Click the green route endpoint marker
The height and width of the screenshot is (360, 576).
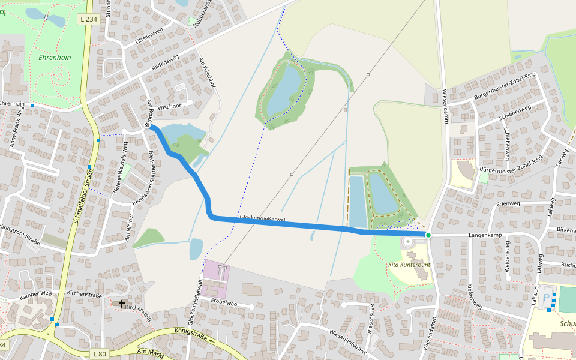click(x=428, y=235)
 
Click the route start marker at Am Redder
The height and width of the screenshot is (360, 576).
click(x=148, y=126)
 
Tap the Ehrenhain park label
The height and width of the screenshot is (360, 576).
click(x=55, y=58)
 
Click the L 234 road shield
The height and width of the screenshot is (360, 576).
click(x=88, y=19)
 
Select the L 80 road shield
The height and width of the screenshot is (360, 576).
click(x=100, y=354)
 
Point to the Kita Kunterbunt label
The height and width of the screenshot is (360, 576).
click(x=409, y=265)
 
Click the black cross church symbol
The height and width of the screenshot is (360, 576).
click(x=122, y=304)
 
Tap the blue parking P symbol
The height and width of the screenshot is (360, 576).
click(x=546, y=297)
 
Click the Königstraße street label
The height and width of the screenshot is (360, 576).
click(x=190, y=334)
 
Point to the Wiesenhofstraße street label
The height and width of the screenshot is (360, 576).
click(x=347, y=340)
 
